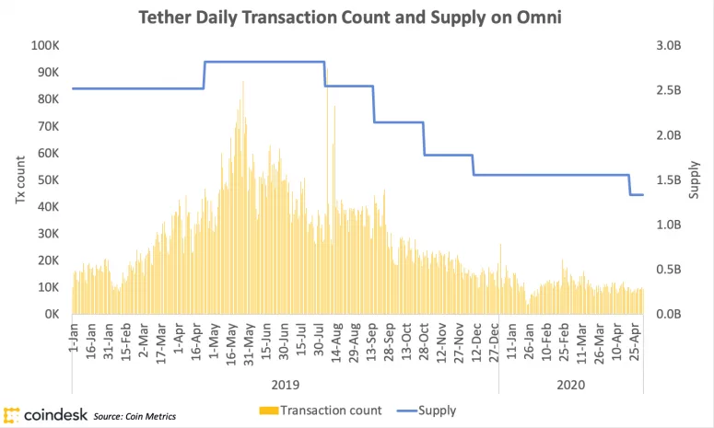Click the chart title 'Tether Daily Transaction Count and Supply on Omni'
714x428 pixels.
click(x=356, y=17)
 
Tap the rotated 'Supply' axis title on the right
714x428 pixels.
click(x=696, y=180)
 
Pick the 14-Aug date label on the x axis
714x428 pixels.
click(x=337, y=340)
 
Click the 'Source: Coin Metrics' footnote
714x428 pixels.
click(x=135, y=417)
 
